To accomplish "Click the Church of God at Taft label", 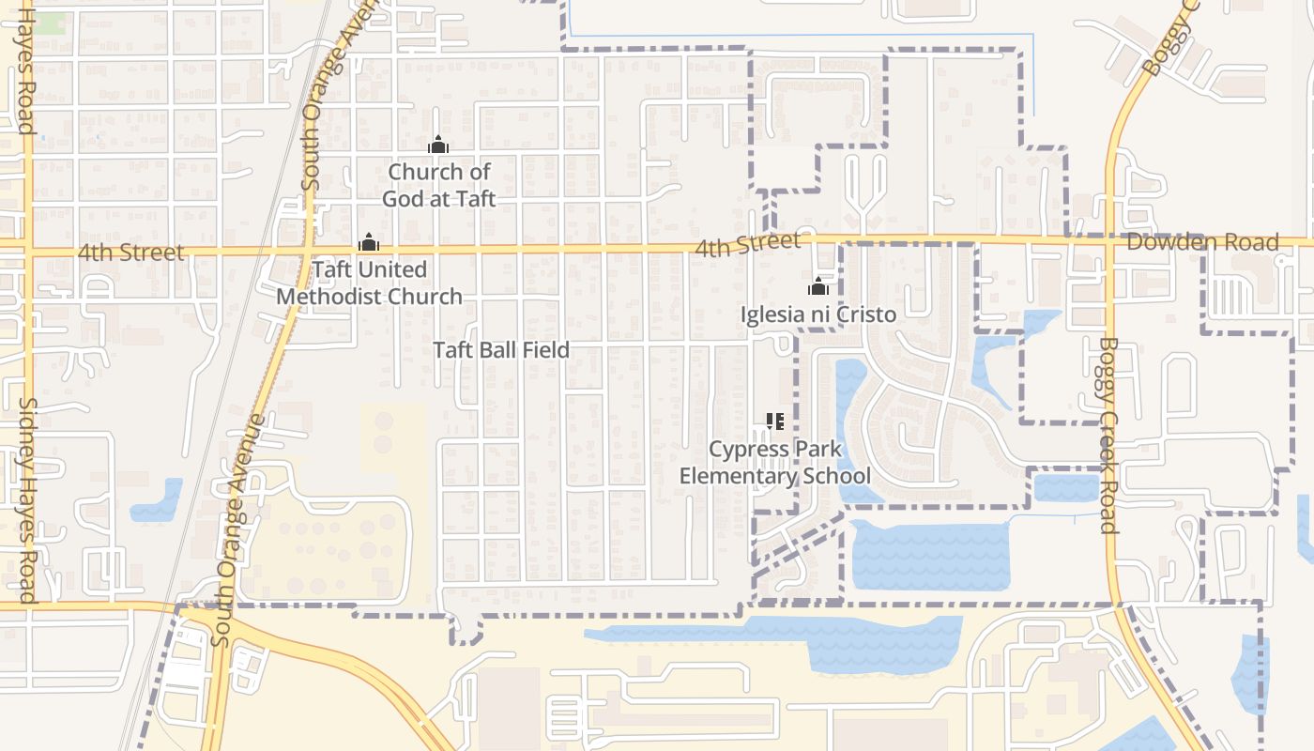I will tap(438, 185).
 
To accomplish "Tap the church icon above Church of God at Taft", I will tap(438, 146).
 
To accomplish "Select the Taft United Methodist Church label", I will tap(369, 283).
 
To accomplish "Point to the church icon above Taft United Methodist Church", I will tap(369, 243).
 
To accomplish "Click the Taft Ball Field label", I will tap(500, 350).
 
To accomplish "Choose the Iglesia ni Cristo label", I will tap(818, 314).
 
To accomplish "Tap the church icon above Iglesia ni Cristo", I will tap(818, 286).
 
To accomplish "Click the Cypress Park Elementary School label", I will tap(775, 462).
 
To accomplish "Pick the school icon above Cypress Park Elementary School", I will tap(774, 421).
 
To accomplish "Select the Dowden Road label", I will tap(1202, 242).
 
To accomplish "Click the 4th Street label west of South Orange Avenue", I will tap(131, 253).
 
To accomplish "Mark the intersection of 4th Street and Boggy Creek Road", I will tap(1108, 240).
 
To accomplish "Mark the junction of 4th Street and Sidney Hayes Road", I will tap(27, 252).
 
